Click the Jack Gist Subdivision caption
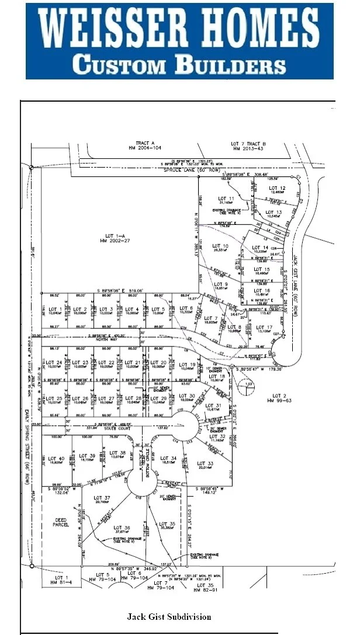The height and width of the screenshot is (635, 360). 169,616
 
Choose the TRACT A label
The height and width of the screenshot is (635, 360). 144,143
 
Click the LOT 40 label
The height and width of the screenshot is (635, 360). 56,458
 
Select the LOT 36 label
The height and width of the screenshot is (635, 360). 122,527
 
